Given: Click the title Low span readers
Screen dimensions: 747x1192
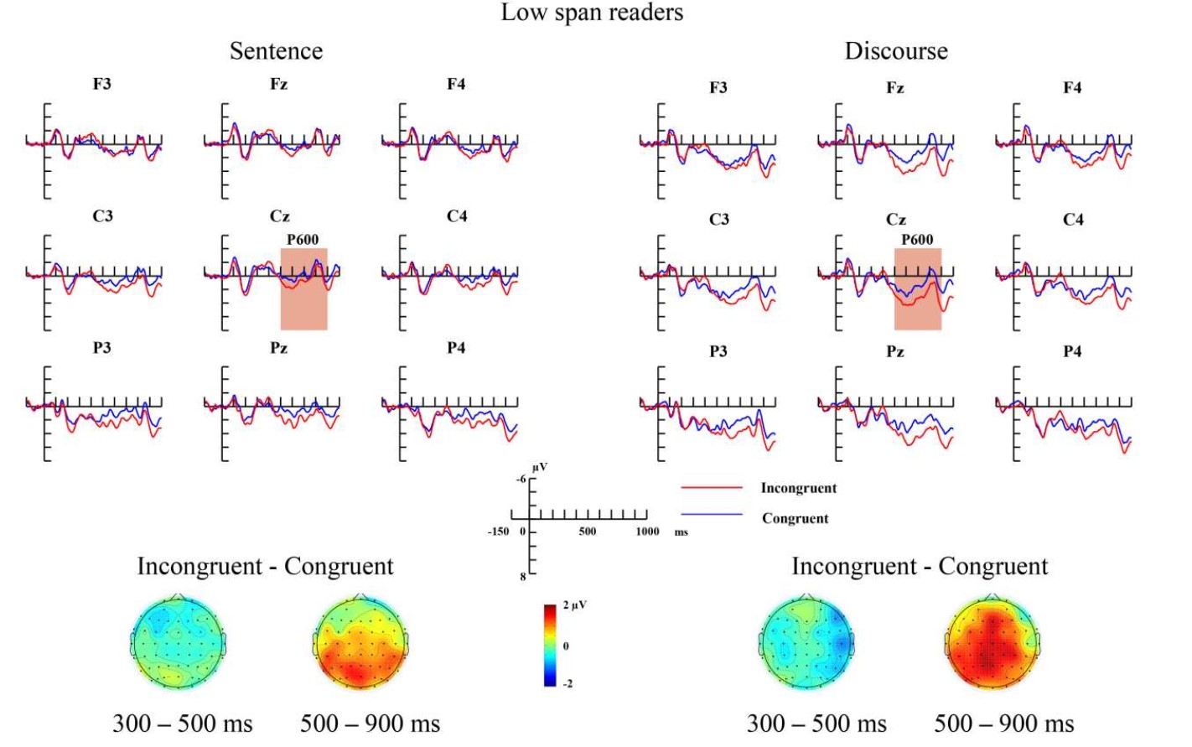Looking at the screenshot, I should (x=592, y=13).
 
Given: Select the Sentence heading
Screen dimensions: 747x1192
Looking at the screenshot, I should (x=276, y=51).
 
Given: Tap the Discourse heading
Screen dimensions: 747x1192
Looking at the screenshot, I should (x=895, y=51).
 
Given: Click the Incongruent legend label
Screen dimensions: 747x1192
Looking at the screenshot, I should (x=798, y=488).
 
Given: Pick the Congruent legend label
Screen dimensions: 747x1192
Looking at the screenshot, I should (x=795, y=518).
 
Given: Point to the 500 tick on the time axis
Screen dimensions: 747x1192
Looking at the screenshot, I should (x=588, y=531).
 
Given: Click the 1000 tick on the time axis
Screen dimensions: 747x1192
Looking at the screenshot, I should (x=647, y=531).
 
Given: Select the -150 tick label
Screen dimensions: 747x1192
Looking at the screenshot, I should (x=498, y=531).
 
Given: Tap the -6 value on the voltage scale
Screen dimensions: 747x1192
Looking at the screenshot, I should (x=521, y=479).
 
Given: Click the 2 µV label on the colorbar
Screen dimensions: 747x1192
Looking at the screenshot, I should (x=574, y=604).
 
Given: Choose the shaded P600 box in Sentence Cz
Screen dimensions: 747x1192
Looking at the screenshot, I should (x=303, y=289).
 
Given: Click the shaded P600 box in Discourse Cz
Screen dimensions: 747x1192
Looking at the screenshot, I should (x=918, y=289).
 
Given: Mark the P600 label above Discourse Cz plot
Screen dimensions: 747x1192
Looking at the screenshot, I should (x=917, y=240).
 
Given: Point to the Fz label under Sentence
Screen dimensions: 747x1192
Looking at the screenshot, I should (x=279, y=84).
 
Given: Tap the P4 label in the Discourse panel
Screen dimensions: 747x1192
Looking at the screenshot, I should (x=1072, y=351).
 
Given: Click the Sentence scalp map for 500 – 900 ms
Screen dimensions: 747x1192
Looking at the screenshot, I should (x=360, y=642).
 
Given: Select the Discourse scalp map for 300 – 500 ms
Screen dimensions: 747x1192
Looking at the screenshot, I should (x=807, y=642).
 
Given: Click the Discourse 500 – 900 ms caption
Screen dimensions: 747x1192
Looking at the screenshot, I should (x=1003, y=724).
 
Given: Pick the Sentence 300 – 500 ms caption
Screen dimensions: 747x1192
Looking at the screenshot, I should (x=182, y=724).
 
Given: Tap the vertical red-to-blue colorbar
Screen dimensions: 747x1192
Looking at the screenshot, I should (x=550, y=645).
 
